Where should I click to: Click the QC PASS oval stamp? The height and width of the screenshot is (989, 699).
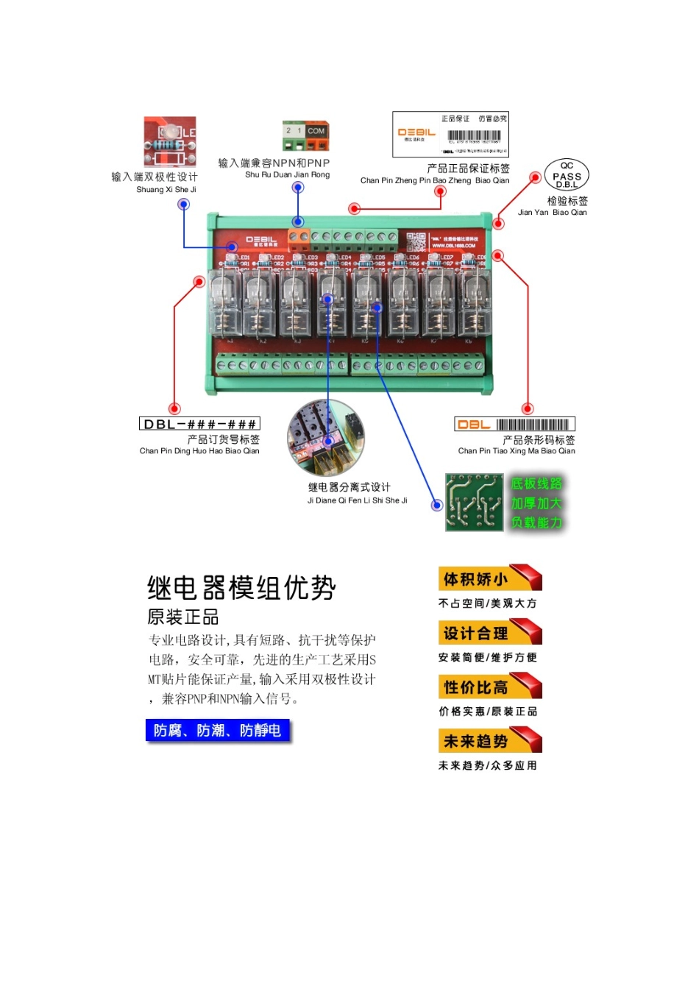point(567,175)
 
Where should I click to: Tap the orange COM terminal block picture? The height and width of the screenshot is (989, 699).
point(305,136)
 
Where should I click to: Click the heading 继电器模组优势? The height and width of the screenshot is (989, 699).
point(241,588)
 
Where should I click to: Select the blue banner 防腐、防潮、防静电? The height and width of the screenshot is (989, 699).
point(218,730)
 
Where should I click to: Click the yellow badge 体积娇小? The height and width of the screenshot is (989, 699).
point(489,578)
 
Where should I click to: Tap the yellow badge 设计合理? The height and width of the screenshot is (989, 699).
point(489,633)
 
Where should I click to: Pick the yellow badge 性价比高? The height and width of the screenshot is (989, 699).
point(489,687)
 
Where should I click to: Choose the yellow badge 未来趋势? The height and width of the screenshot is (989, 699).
point(489,740)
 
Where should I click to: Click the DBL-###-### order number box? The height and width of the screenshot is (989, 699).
point(199,424)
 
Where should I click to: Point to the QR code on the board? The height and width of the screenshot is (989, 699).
point(416,241)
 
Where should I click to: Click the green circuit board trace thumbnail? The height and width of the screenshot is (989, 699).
point(475,502)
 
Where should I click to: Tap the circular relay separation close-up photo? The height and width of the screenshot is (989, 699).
point(326,438)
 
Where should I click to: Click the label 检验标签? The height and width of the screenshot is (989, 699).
point(567,201)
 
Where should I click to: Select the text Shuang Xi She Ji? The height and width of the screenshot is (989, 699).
point(166,190)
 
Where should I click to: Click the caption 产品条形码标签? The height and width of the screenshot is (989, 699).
point(539,439)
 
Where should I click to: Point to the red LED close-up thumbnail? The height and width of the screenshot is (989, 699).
point(170,141)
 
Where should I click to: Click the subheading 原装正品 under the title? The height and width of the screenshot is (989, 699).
point(183,617)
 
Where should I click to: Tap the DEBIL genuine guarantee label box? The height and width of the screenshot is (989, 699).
point(450,135)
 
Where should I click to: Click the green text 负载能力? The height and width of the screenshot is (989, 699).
point(537,522)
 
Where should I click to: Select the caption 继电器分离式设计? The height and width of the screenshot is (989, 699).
point(349,487)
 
